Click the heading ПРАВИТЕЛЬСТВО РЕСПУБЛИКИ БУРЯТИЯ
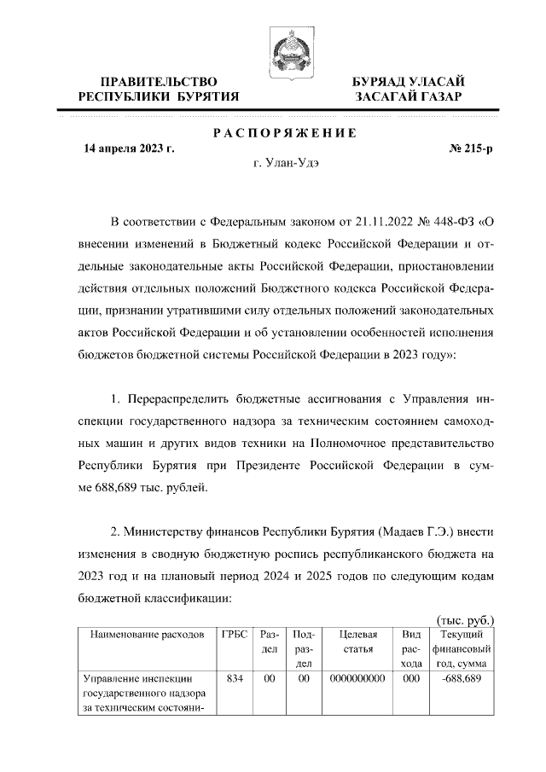(158, 89)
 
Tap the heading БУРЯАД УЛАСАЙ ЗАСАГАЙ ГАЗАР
(409, 89)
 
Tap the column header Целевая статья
(358, 641)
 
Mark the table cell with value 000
(411, 679)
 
